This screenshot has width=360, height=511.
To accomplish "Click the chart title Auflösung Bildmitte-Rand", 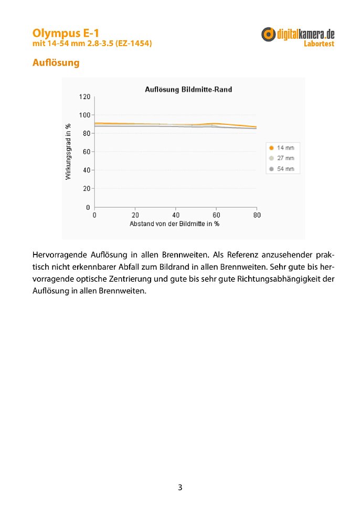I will click(x=188, y=90).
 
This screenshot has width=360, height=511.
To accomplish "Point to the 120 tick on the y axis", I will click(x=85, y=97).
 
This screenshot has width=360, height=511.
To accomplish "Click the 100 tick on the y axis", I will click(x=85, y=115).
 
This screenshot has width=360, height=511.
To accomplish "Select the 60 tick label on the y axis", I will click(x=87, y=152).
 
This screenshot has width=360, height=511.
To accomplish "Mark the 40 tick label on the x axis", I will click(x=176, y=215).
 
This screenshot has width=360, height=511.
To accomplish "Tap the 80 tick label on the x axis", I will click(x=257, y=215).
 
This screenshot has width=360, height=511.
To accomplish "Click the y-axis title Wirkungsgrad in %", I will click(x=68, y=152).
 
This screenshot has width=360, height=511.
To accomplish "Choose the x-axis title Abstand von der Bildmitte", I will click(x=175, y=223).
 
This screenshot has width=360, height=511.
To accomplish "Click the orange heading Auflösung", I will click(x=56, y=63).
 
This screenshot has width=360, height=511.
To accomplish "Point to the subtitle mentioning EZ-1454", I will click(x=92, y=44).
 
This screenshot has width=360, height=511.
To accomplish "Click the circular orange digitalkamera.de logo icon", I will click(x=269, y=34).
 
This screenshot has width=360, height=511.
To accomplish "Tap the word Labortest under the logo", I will click(x=319, y=44).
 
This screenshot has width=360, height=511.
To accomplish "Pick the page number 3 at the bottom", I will click(x=180, y=487).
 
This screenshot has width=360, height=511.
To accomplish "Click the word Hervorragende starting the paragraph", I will click(x=59, y=256).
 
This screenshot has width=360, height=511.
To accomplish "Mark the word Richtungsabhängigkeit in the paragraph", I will click(x=279, y=279).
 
